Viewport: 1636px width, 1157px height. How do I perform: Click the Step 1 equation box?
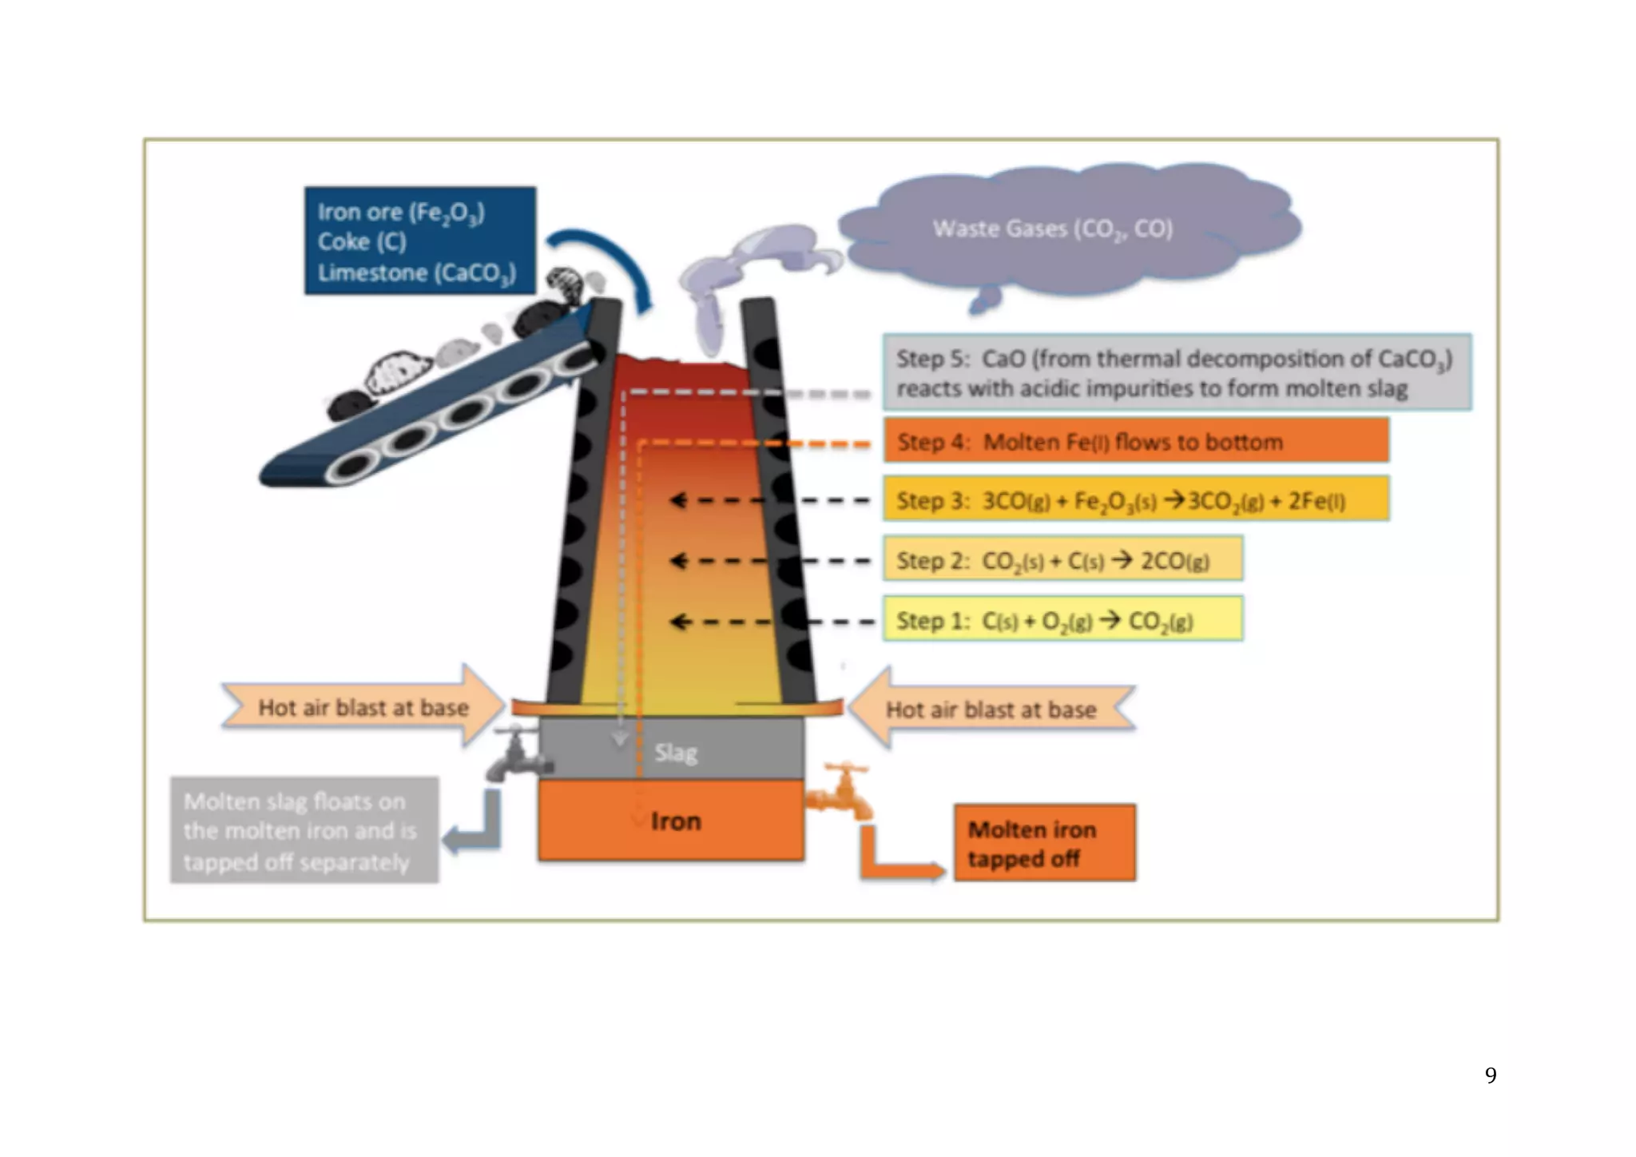tap(1062, 619)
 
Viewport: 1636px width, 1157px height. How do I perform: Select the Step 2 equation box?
tap(1062, 559)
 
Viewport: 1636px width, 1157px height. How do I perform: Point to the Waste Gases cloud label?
tap(1052, 229)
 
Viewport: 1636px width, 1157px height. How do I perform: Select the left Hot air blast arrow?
tap(363, 707)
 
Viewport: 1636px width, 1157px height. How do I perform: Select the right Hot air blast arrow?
tap(991, 709)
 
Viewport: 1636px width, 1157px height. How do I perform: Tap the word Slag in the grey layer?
tap(676, 753)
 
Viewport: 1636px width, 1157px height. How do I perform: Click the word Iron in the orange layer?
tap(676, 821)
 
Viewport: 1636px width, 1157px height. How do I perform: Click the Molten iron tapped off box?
tap(1044, 843)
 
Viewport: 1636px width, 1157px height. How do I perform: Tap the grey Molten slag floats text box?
tap(304, 831)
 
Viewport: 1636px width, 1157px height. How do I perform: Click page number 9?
tap(1490, 1075)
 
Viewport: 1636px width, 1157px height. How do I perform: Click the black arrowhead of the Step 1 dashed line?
tap(678, 621)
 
